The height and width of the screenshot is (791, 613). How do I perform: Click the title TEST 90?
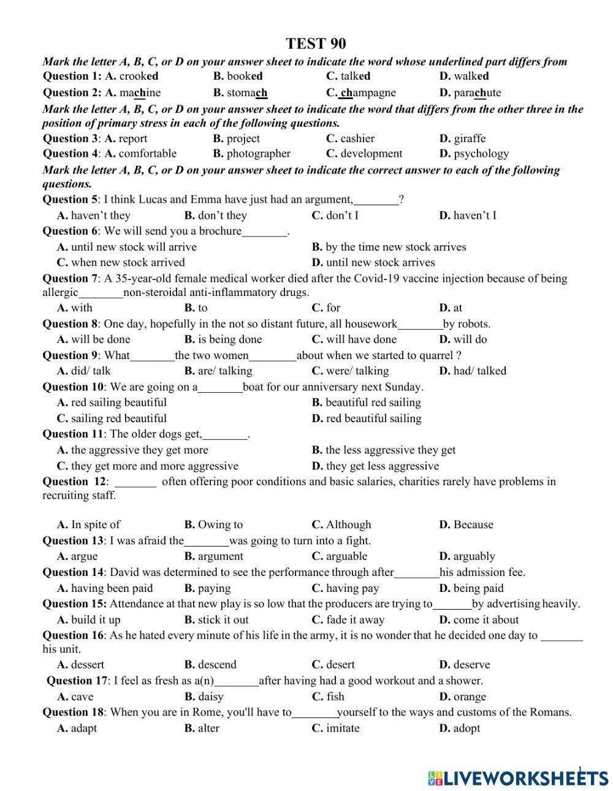316,44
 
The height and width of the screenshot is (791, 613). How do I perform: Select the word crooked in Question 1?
139,77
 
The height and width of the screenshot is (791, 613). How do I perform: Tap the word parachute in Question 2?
477,93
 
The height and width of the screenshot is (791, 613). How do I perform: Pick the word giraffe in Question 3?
469,138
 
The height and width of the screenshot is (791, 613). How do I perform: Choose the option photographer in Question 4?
258,154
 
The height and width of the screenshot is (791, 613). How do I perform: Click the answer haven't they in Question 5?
101,216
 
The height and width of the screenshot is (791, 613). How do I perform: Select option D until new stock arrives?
380,263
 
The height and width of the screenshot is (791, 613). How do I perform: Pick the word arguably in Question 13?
474,557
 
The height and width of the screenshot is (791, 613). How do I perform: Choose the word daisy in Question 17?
210,697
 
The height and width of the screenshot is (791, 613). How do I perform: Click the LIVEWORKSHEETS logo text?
525,778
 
